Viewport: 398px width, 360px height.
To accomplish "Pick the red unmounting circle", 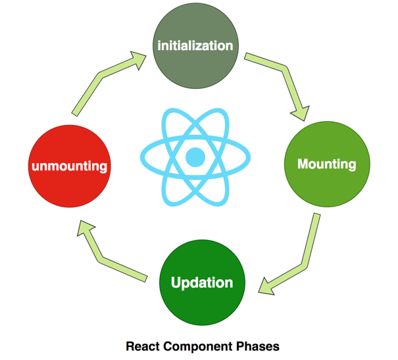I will [x=68, y=166].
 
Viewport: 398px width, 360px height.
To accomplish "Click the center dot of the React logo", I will [x=195, y=157].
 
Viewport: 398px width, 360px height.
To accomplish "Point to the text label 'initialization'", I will [x=195, y=45].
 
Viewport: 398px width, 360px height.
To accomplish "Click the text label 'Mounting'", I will [x=326, y=163].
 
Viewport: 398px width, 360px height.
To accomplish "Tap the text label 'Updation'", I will [x=201, y=283].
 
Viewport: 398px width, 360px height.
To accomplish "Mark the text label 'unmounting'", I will [x=68, y=166].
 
